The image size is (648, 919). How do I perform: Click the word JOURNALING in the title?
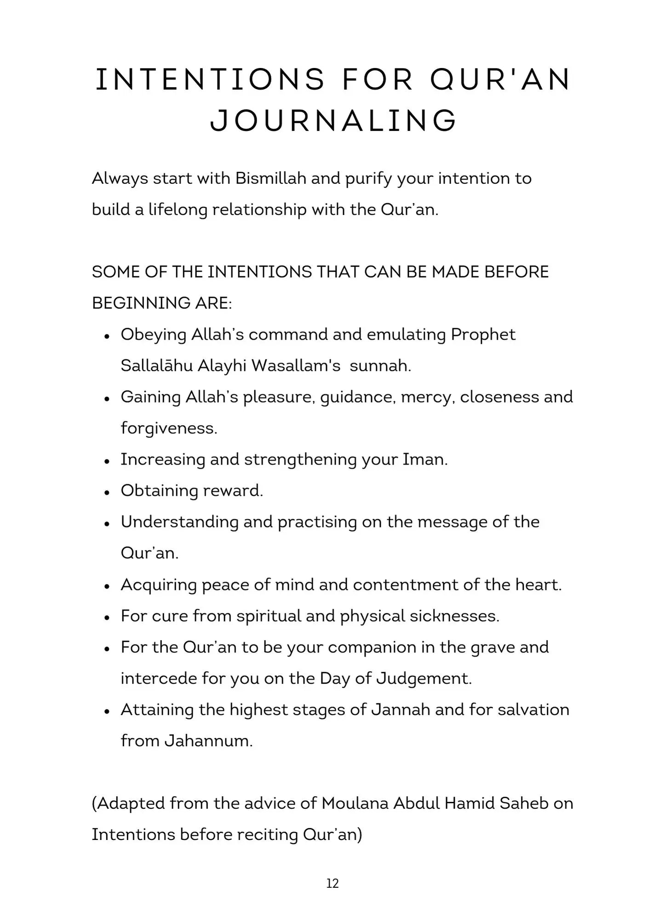333,120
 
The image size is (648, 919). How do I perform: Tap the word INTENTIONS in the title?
210,79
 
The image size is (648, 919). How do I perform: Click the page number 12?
332,883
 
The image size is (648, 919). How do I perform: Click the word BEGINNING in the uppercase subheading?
129,303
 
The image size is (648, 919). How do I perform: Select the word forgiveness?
168,428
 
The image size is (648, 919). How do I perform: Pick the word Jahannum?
208,741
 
